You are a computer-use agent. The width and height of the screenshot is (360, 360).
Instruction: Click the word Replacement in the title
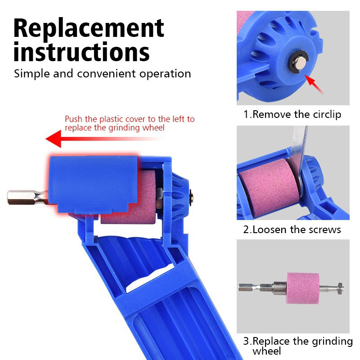click(89, 28)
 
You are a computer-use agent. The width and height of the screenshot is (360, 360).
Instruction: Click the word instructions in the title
click(81, 52)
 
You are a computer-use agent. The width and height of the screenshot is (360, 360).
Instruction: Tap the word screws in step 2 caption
click(324, 229)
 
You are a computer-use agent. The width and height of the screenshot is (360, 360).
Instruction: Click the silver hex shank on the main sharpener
click(25, 197)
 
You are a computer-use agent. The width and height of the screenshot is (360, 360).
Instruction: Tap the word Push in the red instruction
click(73, 119)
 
